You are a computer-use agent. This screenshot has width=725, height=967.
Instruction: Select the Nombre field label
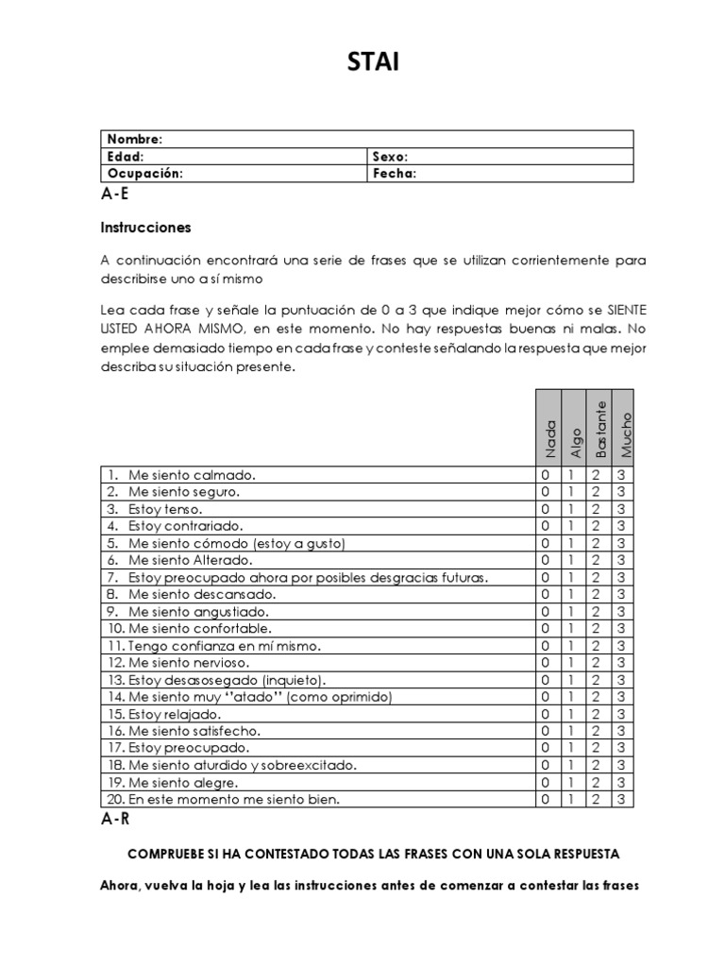click(135, 139)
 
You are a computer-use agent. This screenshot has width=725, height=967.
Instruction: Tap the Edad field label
click(126, 157)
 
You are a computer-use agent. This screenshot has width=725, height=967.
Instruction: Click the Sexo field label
click(390, 157)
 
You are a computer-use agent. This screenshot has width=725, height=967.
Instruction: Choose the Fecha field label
click(394, 174)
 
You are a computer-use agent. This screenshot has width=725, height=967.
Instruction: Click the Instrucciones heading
click(145, 228)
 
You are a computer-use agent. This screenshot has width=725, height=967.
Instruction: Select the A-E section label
click(115, 195)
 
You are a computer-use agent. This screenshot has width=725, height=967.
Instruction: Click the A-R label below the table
click(115, 821)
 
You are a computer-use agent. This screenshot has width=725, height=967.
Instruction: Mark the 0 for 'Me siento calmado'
click(545, 475)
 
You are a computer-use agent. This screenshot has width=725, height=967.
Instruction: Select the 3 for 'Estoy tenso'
click(621, 509)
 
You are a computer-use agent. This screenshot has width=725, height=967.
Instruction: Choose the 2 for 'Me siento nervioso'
click(596, 663)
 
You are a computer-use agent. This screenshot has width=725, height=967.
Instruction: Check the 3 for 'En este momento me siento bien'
click(621, 799)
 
